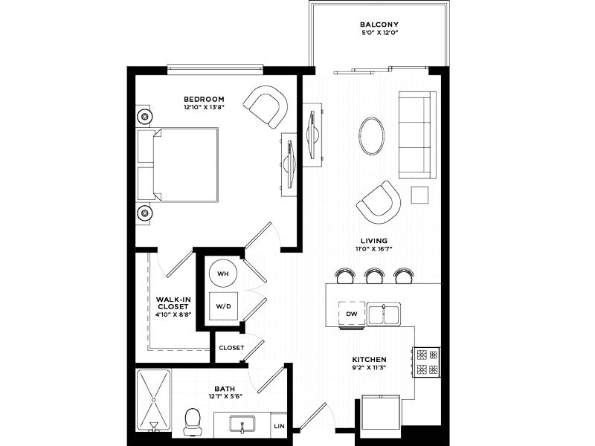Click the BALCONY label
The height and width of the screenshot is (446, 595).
pyautogui.click(x=379, y=25)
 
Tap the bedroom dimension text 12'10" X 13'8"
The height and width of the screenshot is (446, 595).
pyautogui.click(x=204, y=107)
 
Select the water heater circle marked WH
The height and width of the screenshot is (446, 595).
pyautogui.click(x=222, y=274)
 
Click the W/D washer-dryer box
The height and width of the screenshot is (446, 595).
pyautogui.click(x=224, y=306)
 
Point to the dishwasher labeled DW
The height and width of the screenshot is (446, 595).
pyautogui.click(x=352, y=314)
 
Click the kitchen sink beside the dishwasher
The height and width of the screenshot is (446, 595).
pyautogui.click(x=384, y=314)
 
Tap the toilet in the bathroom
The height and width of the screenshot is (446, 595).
pyautogui.click(x=192, y=421)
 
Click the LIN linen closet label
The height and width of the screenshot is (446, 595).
pyautogui.click(x=280, y=426)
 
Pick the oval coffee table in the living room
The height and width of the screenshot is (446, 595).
pyautogui.click(x=371, y=136)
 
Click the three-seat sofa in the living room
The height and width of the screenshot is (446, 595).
pyautogui.click(x=417, y=135)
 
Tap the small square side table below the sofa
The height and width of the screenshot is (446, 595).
pyautogui.click(x=419, y=195)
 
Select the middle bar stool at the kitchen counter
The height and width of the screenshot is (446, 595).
pyautogui.click(x=374, y=276)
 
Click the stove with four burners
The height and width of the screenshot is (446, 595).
pyautogui.click(x=427, y=362)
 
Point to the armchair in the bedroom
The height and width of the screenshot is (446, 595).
pyautogui.click(x=266, y=107)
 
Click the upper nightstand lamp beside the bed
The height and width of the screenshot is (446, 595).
pyautogui.click(x=144, y=116)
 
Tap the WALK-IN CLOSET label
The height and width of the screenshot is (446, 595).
pyautogui.click(x=173, y=303)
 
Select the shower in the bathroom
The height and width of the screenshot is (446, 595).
pyautogui.click(x=154, y=400)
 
